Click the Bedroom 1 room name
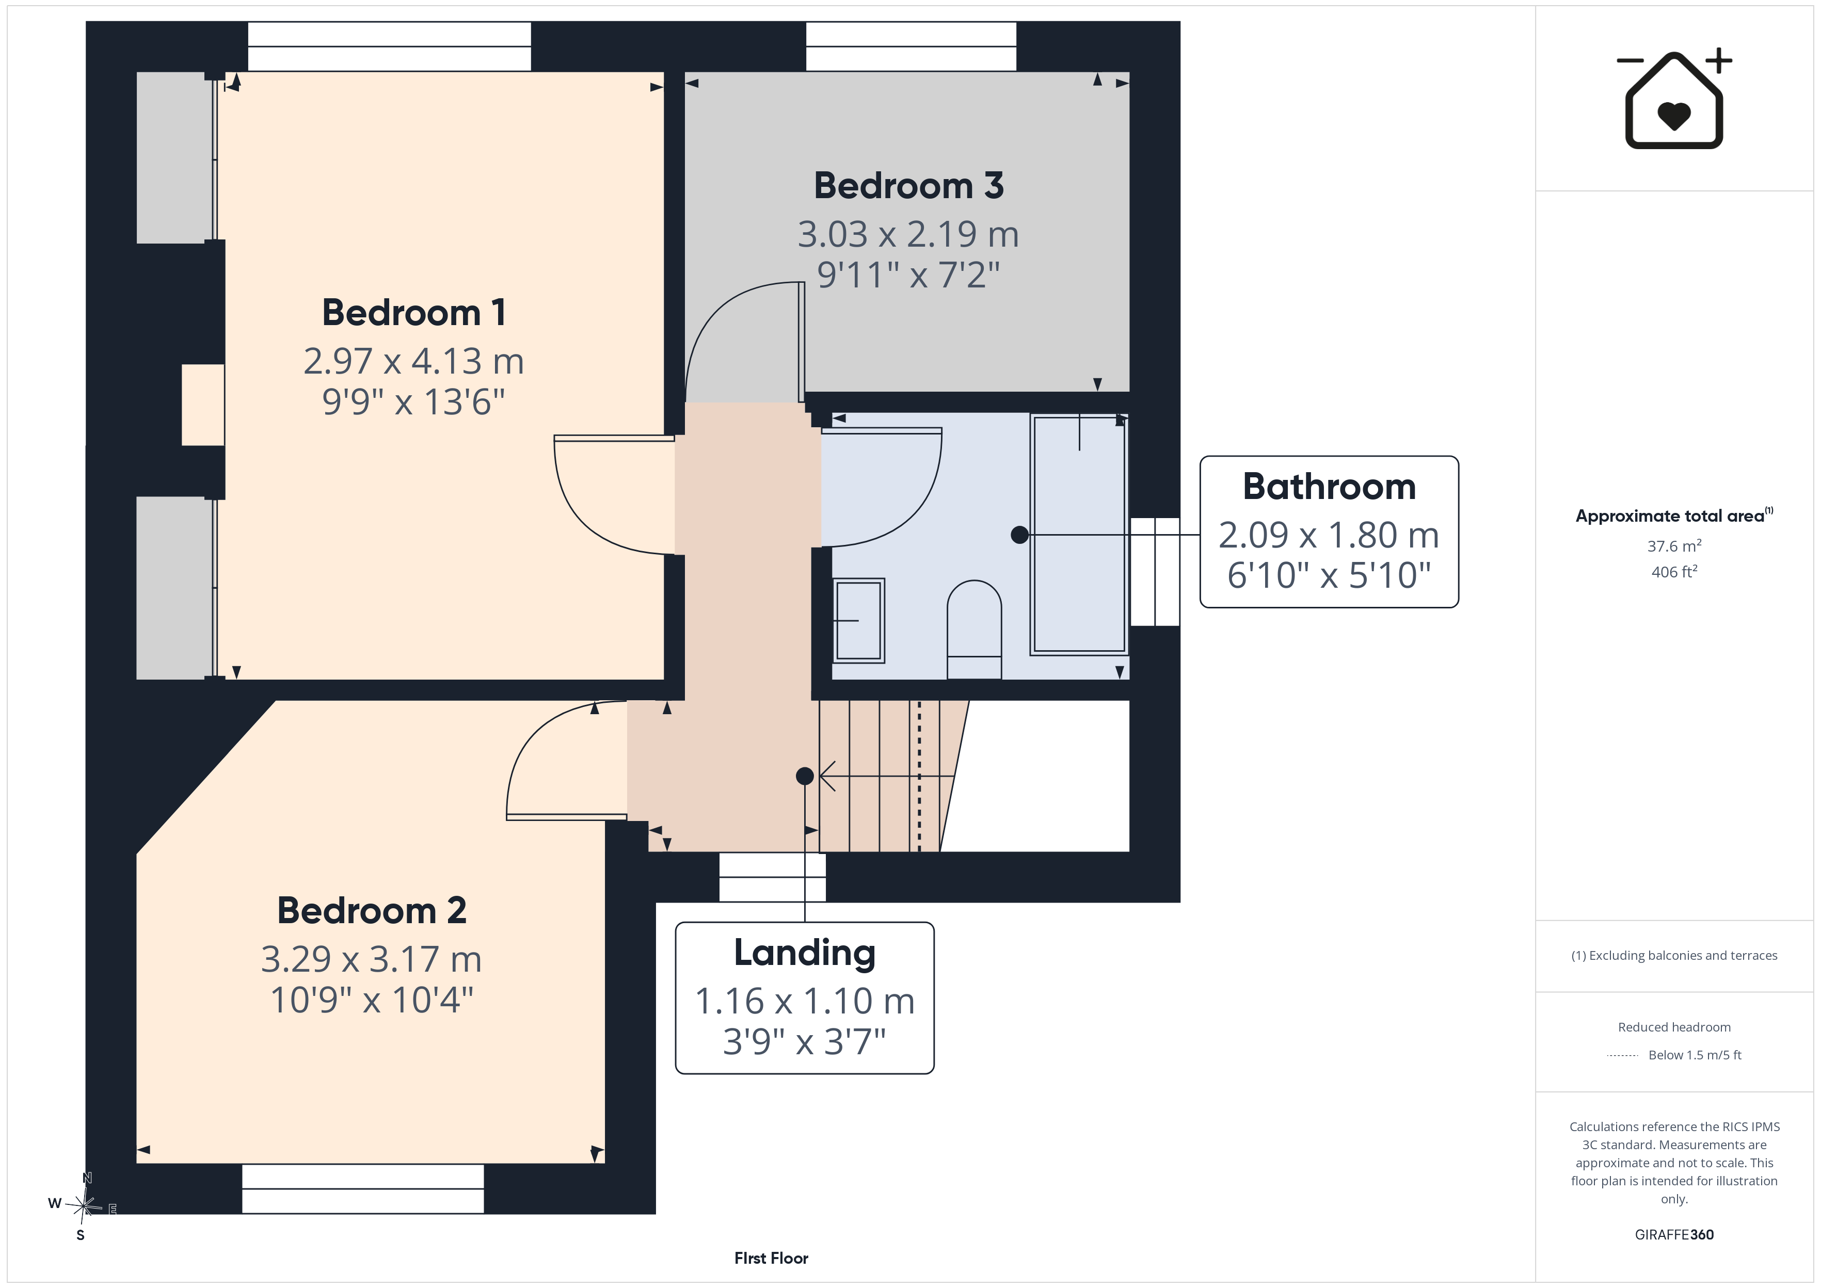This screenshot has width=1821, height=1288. (413, 313)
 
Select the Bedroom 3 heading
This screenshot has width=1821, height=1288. (909, 186)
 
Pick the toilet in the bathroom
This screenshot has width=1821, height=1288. (974, 630)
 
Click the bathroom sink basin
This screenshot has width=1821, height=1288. (858, 620)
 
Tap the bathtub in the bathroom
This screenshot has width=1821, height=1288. (1079, 535)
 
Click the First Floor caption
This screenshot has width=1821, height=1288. (771, 1258)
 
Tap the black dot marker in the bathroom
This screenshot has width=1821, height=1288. (1020, 535)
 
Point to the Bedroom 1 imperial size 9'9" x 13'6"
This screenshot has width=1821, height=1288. (413, 402)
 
